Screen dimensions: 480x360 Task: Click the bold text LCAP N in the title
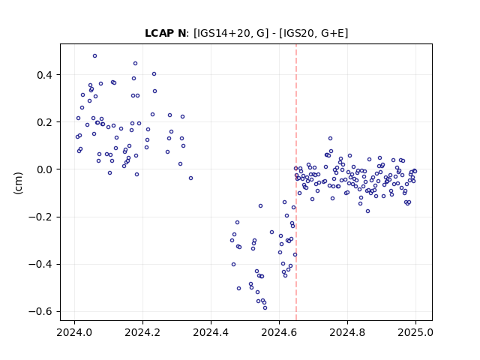tap(165, 33)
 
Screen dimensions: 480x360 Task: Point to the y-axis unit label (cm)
tap(18, 183)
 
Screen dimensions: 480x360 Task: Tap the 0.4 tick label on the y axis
tap(45, 75)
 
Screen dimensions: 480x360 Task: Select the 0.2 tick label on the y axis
tap(45, 122)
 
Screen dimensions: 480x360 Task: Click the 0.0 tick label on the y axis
tap(45, 169)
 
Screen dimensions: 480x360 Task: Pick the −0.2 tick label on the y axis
tap(41, 217)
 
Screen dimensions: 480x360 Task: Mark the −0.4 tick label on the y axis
tap(41, 265)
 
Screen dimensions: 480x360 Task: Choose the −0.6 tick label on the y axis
tap(41, 312)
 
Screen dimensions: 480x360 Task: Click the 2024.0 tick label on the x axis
tap(74, 332)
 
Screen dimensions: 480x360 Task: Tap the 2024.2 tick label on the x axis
tap(142, 332)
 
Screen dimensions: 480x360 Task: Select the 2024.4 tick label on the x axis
tap(211, 332)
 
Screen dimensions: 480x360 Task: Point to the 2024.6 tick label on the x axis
tap(279, 332)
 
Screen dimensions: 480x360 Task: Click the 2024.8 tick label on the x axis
tap(347, 332)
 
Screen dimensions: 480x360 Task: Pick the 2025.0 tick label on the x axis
tap(415, 332)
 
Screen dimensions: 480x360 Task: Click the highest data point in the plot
tap(95, 56)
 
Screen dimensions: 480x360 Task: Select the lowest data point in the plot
tap(265, 308)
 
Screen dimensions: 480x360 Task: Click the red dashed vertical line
tap(296, 182)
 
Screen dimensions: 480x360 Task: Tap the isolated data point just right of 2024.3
tap(191, 178)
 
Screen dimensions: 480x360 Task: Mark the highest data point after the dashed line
tap(330, 138)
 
